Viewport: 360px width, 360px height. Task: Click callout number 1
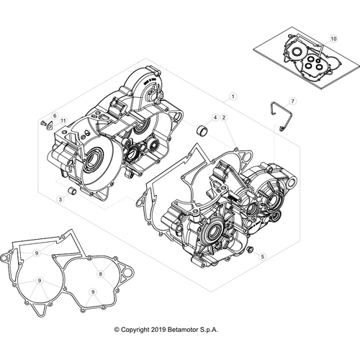pyautogui.click(x=233, y=96)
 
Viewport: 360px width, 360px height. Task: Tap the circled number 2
pyautogui.click(x=224, y=117)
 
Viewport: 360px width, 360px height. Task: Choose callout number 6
pyautogui.click(x=54, y=115)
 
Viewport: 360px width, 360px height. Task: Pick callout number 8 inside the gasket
pyautogui.click(x=101, y=274)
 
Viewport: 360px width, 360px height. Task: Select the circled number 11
pyautogui.click(x=63, y=120)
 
